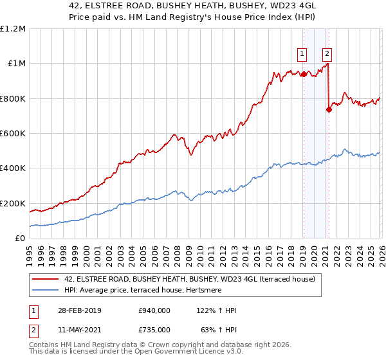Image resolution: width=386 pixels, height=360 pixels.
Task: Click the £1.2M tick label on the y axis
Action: click(x=13, y=29)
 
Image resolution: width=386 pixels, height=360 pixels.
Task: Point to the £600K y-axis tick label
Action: click(x=13, y=134)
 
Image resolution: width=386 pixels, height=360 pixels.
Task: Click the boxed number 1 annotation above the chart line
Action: click(x=302, y=54)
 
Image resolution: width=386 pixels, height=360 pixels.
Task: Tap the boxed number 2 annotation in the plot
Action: click(x=327, y=54)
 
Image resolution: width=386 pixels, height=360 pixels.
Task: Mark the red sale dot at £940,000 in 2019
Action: click(x=303, y=75)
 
